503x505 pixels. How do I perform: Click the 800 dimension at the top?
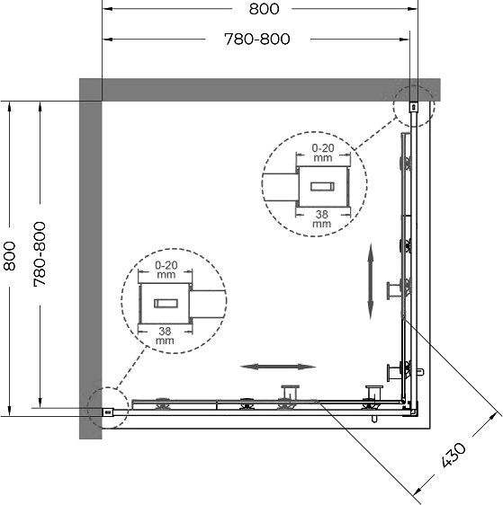pos(264,9)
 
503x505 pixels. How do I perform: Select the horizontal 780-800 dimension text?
pos(257,40)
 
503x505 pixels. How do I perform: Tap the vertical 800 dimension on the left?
pos(9,256)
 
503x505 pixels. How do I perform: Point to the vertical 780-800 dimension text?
pos(40,254)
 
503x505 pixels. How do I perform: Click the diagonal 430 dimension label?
pos(454,455)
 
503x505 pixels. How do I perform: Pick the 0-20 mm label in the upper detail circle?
pos(323,153)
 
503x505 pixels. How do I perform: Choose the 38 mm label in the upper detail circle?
pos(322,218)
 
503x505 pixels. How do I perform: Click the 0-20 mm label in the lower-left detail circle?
pos(166,270)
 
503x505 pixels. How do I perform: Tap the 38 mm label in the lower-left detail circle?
pos(165,335)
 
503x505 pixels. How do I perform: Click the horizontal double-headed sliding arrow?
pos(278,367)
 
